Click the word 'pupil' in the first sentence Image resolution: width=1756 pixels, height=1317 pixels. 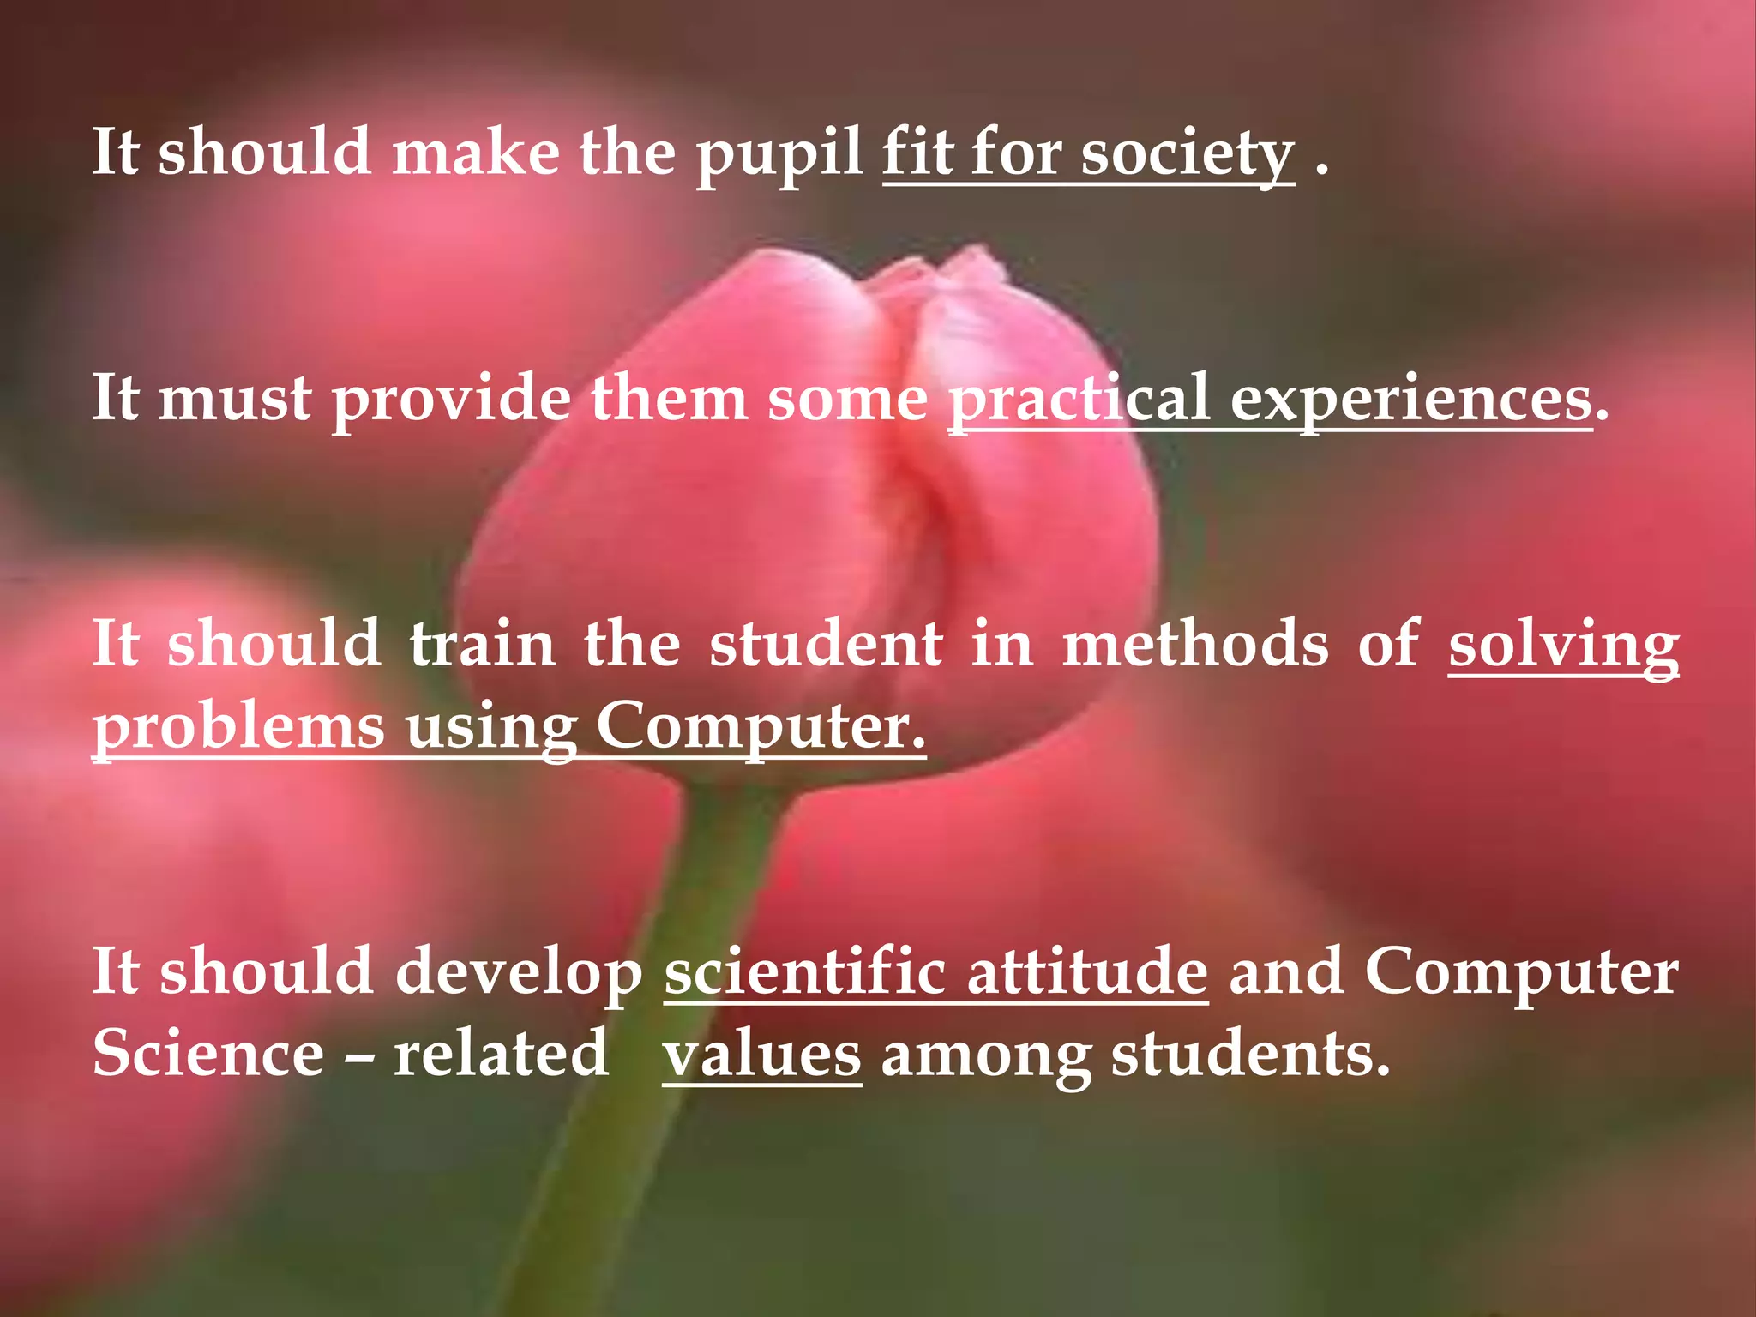point(779,154)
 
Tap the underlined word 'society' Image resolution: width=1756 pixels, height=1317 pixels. point(1187,154)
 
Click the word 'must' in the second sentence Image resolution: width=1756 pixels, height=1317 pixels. point(235,399)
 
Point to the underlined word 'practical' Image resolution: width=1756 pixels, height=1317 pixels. point(1079,400)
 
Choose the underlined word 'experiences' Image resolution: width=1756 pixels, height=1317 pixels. point(1411,400)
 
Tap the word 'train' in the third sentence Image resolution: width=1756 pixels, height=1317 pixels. point(482,644)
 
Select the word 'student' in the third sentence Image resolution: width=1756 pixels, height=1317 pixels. point(827,644)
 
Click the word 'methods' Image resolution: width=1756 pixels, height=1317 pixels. point(1195,644)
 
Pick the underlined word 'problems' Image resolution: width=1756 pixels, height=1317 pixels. point(238,728)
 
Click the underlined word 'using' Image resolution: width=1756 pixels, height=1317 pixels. point(490,728)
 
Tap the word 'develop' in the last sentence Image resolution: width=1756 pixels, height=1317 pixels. point(518,973)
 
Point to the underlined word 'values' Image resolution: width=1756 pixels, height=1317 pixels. point(761,1055)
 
